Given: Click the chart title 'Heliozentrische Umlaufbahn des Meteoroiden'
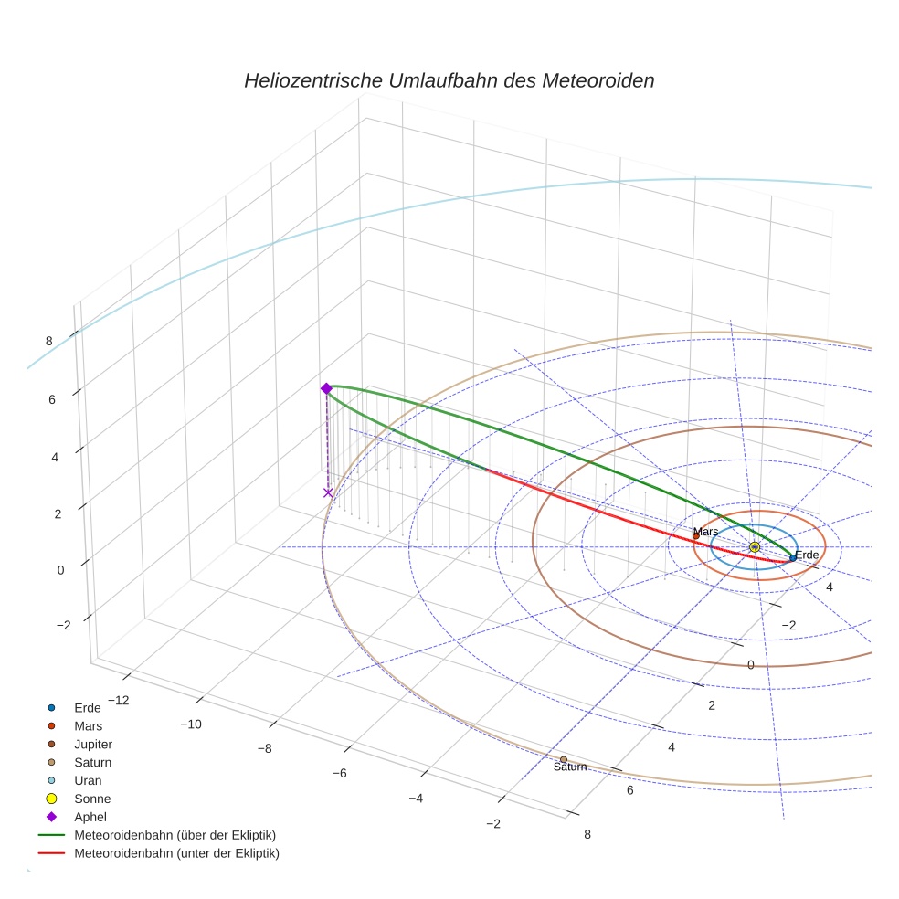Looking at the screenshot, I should (x=449, y=80).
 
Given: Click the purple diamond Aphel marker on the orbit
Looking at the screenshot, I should (x=326, y=388).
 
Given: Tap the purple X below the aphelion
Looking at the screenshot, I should (x=328, y=493).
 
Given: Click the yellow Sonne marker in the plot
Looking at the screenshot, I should (x=755, y=546).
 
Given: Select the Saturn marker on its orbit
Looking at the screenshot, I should (x=563, y=759).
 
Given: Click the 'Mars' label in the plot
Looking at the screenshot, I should (x=705, y=532).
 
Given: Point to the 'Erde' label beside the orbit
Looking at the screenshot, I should (x=807, y=555).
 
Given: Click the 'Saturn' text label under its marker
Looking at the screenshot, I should (x=570, y=767).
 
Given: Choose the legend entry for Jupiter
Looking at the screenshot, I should (x=94, y=744).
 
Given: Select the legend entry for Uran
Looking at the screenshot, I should (x=88, y=780).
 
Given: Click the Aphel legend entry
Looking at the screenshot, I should (x=90, y=817).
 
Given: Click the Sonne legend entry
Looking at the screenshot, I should (x=92, y=799).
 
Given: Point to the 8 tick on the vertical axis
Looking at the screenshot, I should (x=48, y=341).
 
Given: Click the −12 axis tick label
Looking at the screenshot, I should (x=118, y=700).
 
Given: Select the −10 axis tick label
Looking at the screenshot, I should (x=191, y=724).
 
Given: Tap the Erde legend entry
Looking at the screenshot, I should (x=88, y=707).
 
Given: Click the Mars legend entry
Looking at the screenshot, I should (x=88, y=725).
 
